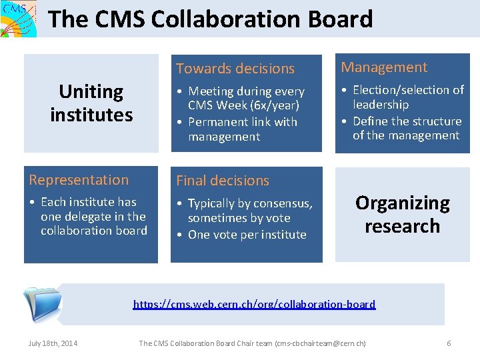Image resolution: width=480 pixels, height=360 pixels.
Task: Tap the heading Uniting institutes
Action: coord(91,103)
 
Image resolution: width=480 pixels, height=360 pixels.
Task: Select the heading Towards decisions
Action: coord(235,69)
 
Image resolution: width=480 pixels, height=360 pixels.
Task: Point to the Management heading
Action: coord(384,67)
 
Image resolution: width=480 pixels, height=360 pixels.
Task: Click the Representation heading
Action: coord(79,180)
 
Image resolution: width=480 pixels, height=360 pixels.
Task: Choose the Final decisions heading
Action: coord(223,181)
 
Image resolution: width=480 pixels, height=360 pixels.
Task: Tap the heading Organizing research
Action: coord(402,214)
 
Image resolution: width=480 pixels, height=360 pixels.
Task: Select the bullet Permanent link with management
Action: coord(243,129)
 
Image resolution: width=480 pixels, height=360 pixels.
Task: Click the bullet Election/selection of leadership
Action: coord(407,97)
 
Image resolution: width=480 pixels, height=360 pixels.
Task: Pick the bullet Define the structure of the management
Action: coord(407,128)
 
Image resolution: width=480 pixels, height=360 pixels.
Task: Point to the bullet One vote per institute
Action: coord(247,235)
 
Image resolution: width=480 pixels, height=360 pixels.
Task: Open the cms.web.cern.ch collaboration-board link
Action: coord(254,305)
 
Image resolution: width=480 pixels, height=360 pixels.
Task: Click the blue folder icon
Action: coord(42,305)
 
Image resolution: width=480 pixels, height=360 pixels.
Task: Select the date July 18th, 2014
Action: coord(53,343)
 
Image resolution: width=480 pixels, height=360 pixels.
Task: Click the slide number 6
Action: coord(449,343)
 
